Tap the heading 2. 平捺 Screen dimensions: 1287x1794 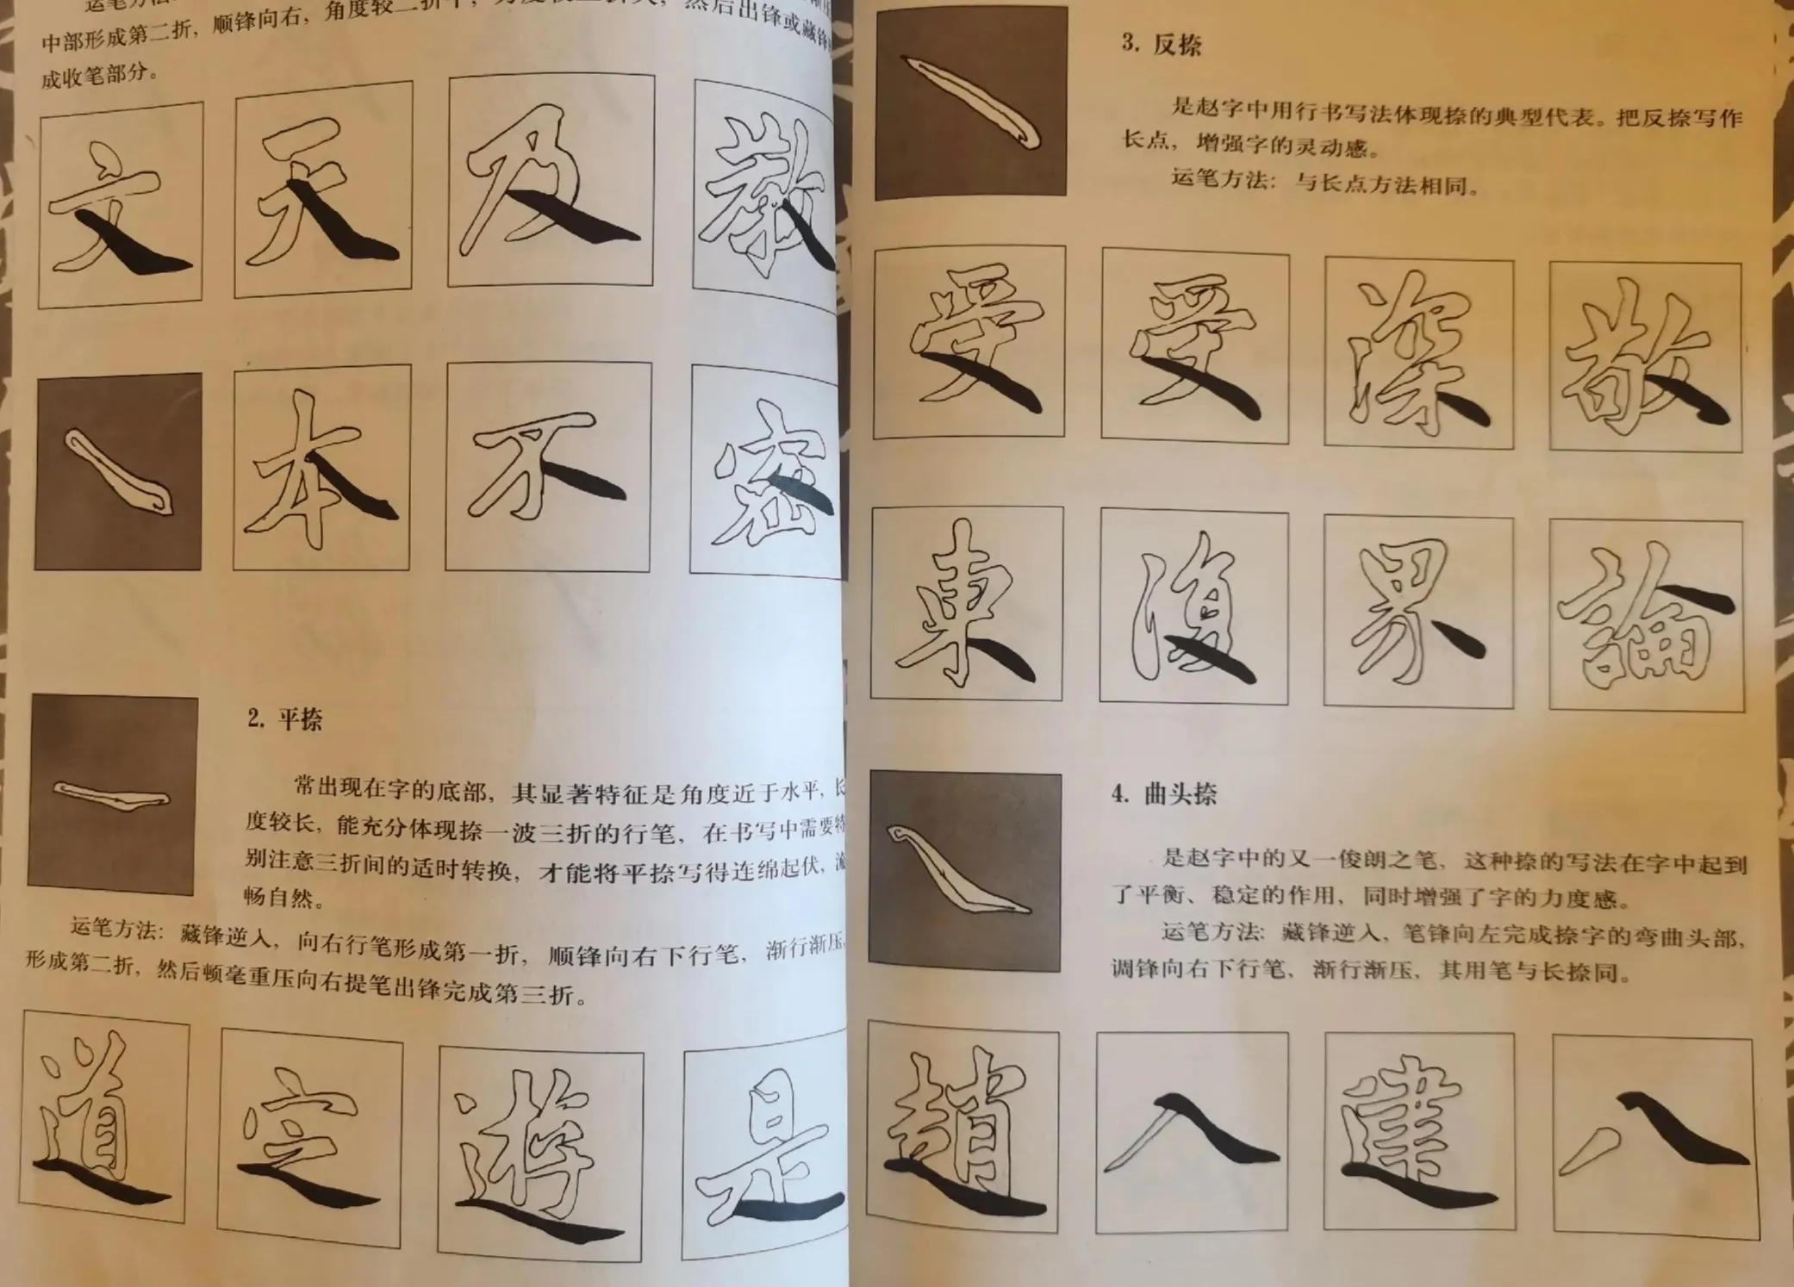coord(284,718)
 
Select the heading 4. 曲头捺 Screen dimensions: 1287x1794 coord(1163,793)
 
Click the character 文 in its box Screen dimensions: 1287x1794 coord(121,204)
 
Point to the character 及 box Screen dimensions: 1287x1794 coord(551,181)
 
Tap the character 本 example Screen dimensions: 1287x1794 coord(321,468)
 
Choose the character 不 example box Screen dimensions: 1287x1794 coord(548,467)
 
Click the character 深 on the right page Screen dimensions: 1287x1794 coord(1418,353)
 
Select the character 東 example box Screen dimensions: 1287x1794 coord(966,603)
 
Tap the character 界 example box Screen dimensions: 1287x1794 coord(1418,612)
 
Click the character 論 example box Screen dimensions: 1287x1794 coord(1646,616)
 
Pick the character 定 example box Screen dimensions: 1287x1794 coord(310,1137)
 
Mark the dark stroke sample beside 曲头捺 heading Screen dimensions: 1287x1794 coord(964,870)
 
